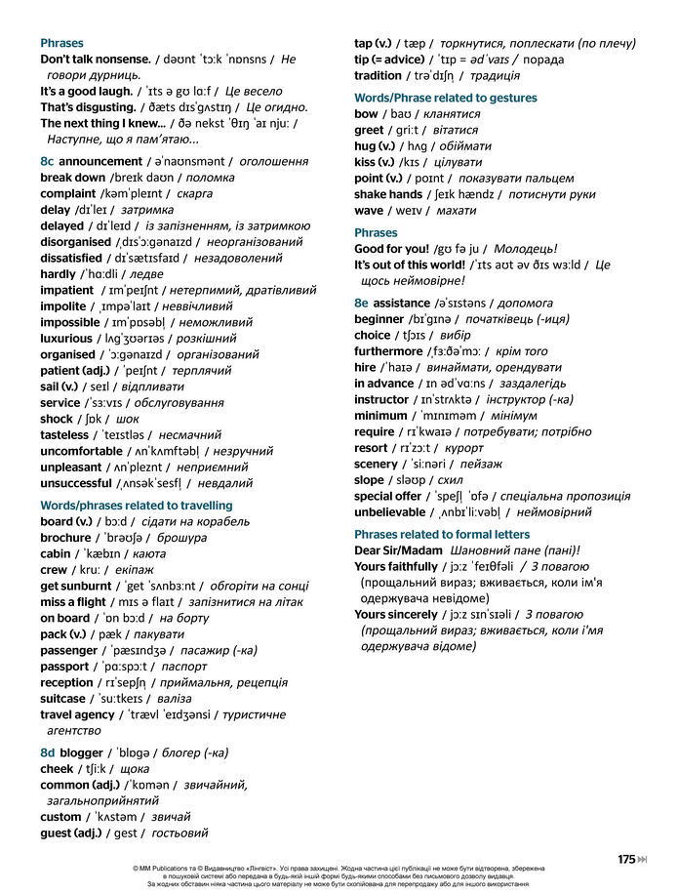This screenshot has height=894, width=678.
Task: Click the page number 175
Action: click(626, 859)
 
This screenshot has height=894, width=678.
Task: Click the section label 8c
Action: click(47, 161)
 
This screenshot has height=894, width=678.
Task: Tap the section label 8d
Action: click(47, 752)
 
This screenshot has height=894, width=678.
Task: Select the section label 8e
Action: click(361, 303)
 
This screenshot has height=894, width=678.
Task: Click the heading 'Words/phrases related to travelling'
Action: click(136, 505)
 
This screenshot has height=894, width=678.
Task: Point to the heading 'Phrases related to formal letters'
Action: click(442, 534)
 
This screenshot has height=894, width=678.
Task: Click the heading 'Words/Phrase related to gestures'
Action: click(445, 98)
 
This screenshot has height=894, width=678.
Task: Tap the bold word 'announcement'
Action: click(100, 161)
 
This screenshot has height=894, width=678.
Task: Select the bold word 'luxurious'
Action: click(66, 338)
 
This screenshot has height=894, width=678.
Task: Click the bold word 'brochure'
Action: click(65, 537)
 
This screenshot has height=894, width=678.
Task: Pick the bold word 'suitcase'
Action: click(63, 698)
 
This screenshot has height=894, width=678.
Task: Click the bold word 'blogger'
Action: click(81, 752)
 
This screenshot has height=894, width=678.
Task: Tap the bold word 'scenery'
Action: click(376, 464)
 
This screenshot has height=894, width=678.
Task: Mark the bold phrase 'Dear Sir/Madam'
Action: click(398, 549)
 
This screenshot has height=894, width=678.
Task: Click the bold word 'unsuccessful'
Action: click(76, 482)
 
